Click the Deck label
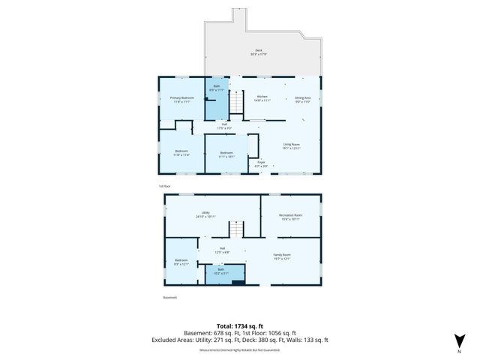pos(257,52)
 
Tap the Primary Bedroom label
pos(181,100)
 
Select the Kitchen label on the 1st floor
pos(262,97)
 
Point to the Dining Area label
pos(302,99)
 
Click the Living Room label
pos(291,146)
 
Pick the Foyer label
pos(262,163)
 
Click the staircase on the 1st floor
pos(237,102)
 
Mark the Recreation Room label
pos(290,217)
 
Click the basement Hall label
pos(223,250)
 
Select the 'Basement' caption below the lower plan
pos(171,297)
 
